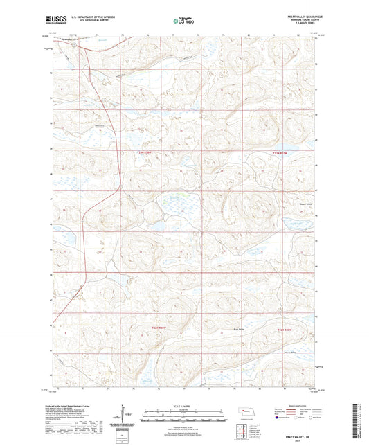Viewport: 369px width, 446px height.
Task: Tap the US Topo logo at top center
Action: pos(183,21)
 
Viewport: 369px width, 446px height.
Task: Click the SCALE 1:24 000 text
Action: pos(183,407)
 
